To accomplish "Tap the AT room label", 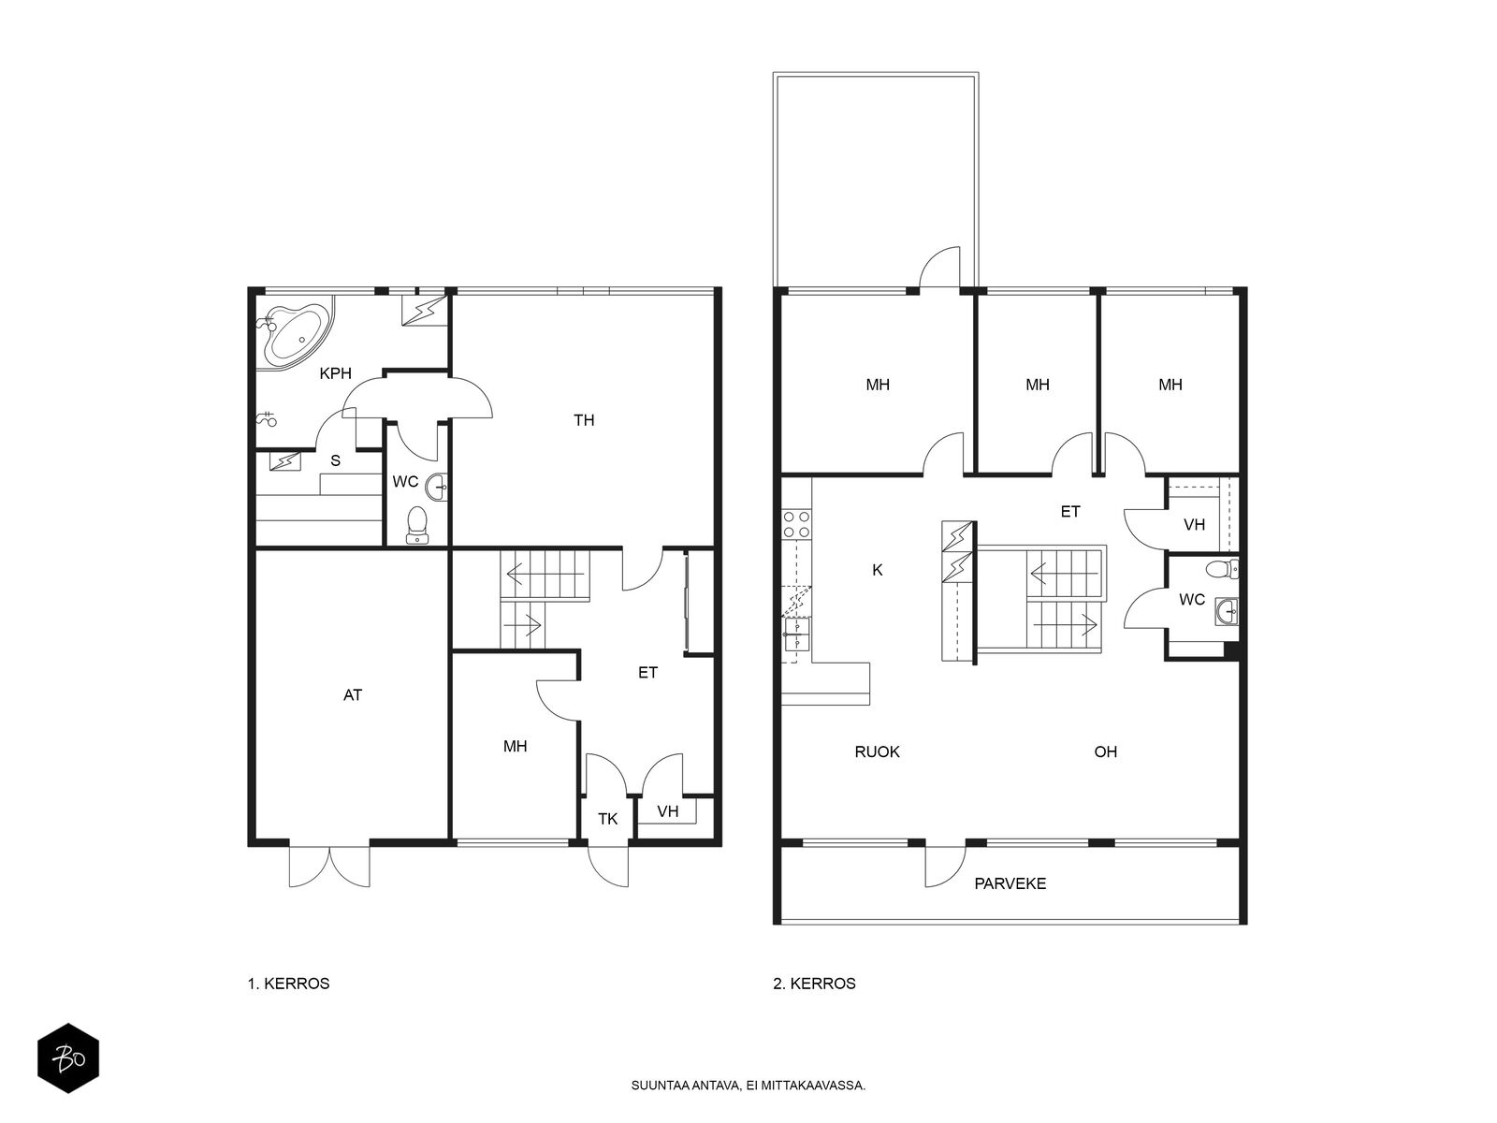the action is [x=352, y=694].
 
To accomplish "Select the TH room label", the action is [x=584, y=420].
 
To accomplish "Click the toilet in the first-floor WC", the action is [x=416, y=526].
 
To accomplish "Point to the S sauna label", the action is [x=335, y=461].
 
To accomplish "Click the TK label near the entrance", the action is [x=607, y=819].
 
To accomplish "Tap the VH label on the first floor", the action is [x=668, y=811].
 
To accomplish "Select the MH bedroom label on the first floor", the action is [x=515, y=747].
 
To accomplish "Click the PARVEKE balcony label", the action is [x=1010, y=883].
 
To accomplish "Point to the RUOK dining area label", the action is [x=877, y=752].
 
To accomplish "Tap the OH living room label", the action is [x=1106, y=752].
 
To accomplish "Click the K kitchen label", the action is [x=877, y=570].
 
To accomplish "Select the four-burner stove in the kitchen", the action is [x=796, y=524].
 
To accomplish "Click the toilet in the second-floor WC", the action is [x=1222, y=567].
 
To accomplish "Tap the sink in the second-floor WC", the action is [x=1227, y=612].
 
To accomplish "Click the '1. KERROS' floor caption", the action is [x=288, y=984].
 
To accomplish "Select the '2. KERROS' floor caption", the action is [x=814, y=984].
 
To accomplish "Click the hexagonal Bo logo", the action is [x=68, y=1058].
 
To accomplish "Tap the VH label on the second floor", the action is [x=1194, y=525].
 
